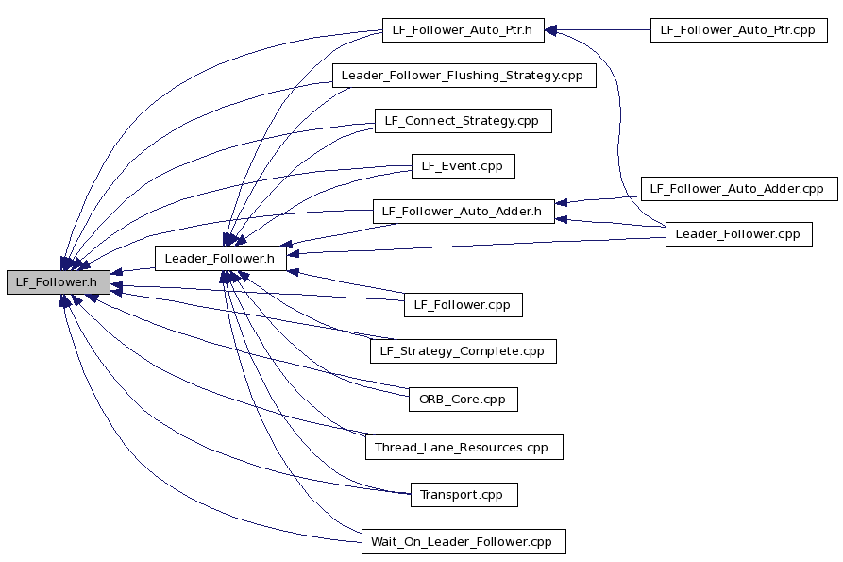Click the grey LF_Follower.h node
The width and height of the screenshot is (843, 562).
(59, 282)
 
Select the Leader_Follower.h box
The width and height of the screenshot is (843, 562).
(221, 258)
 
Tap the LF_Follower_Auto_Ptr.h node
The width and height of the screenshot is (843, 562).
(463, 30)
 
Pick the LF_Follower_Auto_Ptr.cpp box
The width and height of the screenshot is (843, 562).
(739, 30)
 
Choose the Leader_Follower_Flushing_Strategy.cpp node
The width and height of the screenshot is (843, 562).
(464, 76)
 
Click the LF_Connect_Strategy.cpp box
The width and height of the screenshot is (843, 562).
(463, 121)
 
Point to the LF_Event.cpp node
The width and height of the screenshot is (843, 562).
(463, 166)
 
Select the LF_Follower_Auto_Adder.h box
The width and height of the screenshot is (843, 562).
(464, 212)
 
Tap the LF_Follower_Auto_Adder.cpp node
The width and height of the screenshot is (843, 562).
(739, 189)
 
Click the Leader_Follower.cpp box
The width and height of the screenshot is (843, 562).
(739, 234)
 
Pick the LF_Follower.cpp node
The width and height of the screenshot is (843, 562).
(463, 305)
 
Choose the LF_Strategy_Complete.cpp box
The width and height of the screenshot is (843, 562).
(463, 351)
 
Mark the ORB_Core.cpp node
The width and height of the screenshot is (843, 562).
(463, 400)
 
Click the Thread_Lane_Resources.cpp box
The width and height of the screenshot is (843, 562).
(464, 448)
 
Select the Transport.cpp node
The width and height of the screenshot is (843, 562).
(464, 495)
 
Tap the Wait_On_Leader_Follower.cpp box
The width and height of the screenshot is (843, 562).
(464, 541)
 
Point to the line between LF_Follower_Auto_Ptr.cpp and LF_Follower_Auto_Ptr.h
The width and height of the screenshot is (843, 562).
(598, 30)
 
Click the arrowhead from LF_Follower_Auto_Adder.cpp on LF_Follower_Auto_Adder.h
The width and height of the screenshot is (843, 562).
(561, 203)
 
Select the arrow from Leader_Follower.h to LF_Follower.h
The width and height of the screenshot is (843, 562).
(133, 270)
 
